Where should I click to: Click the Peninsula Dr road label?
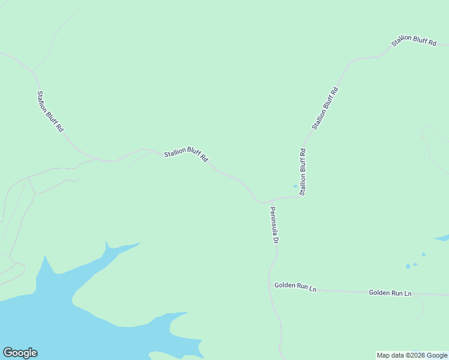[x=273, y=225]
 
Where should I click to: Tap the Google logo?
[x=20, y=353]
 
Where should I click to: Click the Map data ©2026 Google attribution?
[x=412, y=355]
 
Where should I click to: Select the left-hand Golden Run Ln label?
[x=295, y=286]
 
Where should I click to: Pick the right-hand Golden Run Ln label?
[x=390, y=293]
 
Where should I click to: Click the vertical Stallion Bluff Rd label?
[x=303, y=172]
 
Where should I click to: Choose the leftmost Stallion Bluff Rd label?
[x=50, y=111]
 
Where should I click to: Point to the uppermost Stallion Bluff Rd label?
[x=413, y=42]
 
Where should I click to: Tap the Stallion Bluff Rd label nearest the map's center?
[x=186, y=155]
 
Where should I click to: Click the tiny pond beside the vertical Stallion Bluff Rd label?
[x=295, y=186]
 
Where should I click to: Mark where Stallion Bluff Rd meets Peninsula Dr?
[x=262, y=202]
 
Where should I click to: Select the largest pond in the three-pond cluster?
[x=408, y=266]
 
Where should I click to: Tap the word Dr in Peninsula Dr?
[x=276, y=239]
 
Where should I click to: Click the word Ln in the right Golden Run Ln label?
[x=408, y=293]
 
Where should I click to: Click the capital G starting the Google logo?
[x=8, y=352]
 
